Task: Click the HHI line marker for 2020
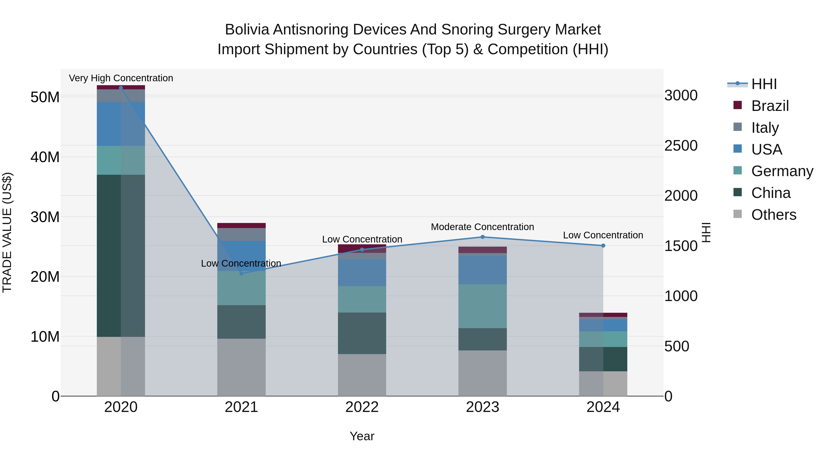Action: tap(121, 88)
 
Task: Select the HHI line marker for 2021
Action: tap(241, 273)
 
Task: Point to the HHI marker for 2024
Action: tap(603, 245)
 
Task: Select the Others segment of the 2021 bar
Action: tap(241, 367)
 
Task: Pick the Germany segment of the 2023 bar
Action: tap(483, 306)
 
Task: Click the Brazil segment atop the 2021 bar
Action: tap(241, 225)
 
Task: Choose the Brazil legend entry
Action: tap(770, 106)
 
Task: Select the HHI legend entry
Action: tap(764, 84)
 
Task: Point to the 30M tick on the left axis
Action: tap(45, 217)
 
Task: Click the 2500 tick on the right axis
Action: tap(681, 145)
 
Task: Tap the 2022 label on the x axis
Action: tap(362, 407)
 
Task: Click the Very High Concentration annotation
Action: tap(121, 78)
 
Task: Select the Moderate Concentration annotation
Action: tap(482, 227)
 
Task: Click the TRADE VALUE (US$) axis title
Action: tap(7, 232)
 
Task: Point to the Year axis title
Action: tap(362, 436)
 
